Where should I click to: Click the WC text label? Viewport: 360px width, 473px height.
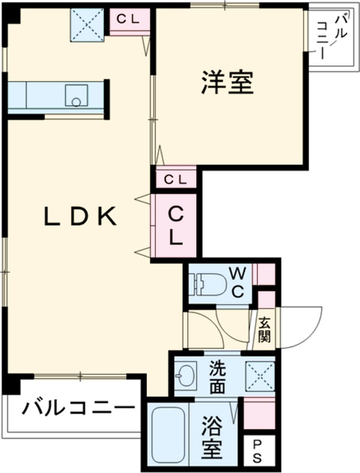pos(238,283)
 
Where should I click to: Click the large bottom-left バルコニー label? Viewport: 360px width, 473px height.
pos(78,409)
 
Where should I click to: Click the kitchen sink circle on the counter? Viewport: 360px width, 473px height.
pos(76,101)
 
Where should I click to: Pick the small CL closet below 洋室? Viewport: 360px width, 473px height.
pos(175,178)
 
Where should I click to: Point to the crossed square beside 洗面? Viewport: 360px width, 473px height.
pos(260,376)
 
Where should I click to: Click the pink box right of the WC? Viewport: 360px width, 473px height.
pos(264,273)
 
